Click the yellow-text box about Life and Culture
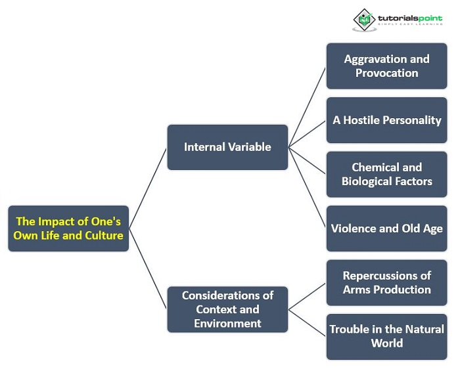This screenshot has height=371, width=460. click(x=68, y=229)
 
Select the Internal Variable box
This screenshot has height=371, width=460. click(x=227, y=147)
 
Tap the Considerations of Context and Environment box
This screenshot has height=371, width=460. click(x=227, y=309)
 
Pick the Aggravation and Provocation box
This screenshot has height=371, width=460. click(x=386, y=66)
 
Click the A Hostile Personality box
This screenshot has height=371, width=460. click(x=386, y=120)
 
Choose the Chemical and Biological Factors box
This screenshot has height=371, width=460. click(x=386, y=174)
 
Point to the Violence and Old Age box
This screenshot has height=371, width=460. click(x=386, y=229)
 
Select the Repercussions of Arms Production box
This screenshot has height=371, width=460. click(x=386, y=282)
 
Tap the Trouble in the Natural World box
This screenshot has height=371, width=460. click(x=386, y=336)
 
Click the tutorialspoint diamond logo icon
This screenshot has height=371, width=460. click(x=363, y=19)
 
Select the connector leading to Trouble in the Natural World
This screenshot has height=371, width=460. click(x=308, y=323)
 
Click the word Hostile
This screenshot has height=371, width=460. click(x=369, y=120)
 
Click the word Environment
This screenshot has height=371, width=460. click(x=227, y=323)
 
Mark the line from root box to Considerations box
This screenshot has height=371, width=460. click(x=148, y=269)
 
